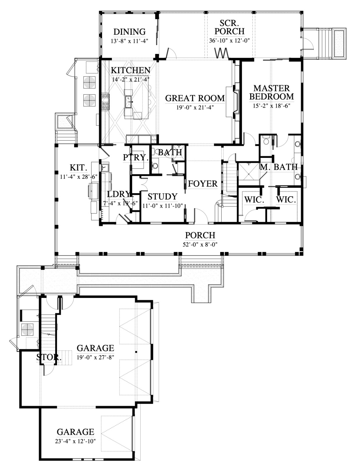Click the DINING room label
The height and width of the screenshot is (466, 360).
(x=130, y=32)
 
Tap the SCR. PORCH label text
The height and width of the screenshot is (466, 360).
(x=230, y=27)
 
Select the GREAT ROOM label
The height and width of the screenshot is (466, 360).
(x=195, y=98)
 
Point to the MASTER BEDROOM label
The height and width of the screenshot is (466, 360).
(x=271, y=93)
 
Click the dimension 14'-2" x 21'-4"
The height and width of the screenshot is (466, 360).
(x=130, y=79)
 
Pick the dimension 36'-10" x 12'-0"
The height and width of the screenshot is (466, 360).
(x=230, y=40)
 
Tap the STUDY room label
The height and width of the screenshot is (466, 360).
(x=163, y=197)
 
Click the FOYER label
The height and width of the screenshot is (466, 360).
(x=203, y=184)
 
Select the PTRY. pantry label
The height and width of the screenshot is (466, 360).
(x=136, y=158)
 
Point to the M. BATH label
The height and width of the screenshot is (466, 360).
(x=278, y=167)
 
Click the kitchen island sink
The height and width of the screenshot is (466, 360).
(x=130, y=101)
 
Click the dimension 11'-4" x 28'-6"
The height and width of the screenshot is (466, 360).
(x=79, y=177)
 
